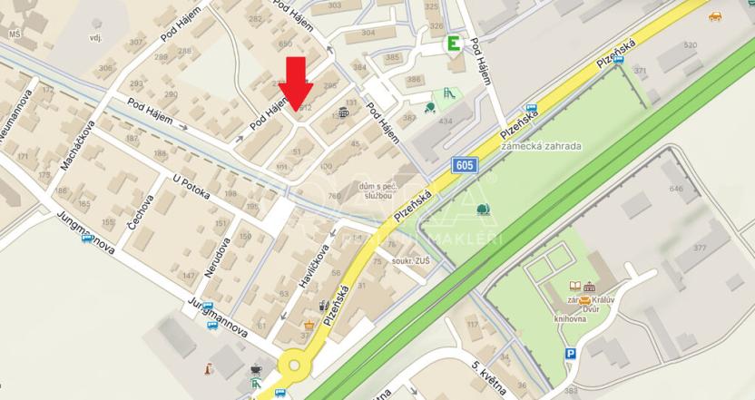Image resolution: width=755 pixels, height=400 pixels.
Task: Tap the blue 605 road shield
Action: coord(463,165)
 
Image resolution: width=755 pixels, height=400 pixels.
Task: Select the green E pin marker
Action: coord(451,44)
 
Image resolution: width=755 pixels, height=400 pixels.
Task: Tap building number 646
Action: coord(675,189)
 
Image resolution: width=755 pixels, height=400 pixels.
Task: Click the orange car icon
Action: coord(715,15)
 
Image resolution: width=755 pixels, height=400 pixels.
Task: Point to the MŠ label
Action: coord(15,34)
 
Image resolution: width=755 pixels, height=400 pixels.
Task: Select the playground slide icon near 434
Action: coord(446,93)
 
